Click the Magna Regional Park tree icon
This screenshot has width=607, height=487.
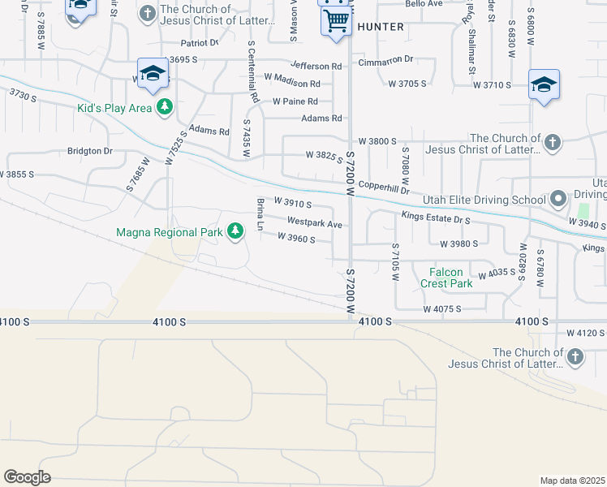[x=235, y=232]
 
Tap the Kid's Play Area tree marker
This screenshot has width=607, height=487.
[x=165, y=107]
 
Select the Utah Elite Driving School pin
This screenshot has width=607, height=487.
[x=557, y=199]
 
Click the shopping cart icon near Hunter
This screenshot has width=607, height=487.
[x=336, y=20]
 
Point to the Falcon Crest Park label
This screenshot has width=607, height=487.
[x=446, y=278]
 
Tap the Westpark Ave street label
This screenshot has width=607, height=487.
[x=315, y=222]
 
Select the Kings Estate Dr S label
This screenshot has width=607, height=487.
[x=436, y=218]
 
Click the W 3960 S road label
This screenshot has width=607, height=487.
[x=295, y=238]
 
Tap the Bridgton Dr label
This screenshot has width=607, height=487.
[x=89, y=151]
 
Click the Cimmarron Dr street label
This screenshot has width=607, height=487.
[x=385, y=59]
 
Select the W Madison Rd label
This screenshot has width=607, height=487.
[x=292, y=83]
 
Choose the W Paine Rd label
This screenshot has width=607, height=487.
[x=295, y=101]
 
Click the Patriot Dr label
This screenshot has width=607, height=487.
[x=200, y=43]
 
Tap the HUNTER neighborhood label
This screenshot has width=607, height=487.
[x=380, y=27]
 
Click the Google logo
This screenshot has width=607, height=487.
[x=27, y=477]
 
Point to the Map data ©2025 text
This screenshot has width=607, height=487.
[x=572, y=481]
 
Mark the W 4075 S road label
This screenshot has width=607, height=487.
[x=441, y=309]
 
